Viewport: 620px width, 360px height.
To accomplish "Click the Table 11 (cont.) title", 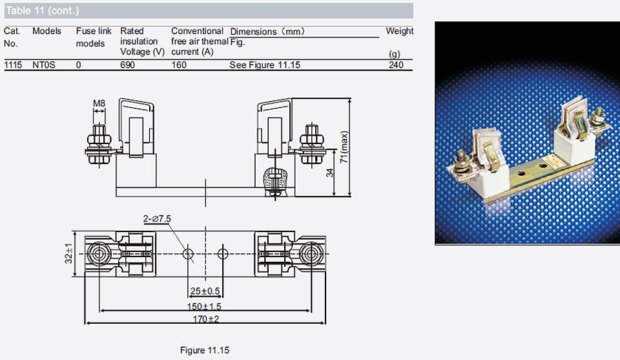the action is [x=43, y=11].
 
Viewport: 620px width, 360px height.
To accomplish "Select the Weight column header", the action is [x=399, y=31].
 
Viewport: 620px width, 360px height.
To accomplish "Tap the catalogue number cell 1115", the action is [x=13, y=65].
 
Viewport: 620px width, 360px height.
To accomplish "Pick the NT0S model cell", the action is [x=43, y=65].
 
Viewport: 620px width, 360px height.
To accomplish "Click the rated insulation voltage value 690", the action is [x=127, y=65].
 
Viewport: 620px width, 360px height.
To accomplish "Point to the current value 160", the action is [x=179, y=65].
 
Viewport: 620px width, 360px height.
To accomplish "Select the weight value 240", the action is [x=396, y=65].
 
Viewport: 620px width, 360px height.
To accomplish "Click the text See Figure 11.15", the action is [x=265, y=65].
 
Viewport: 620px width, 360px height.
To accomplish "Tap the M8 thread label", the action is [x=99, y=103].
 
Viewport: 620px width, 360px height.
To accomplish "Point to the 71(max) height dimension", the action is [x=344, y=147].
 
